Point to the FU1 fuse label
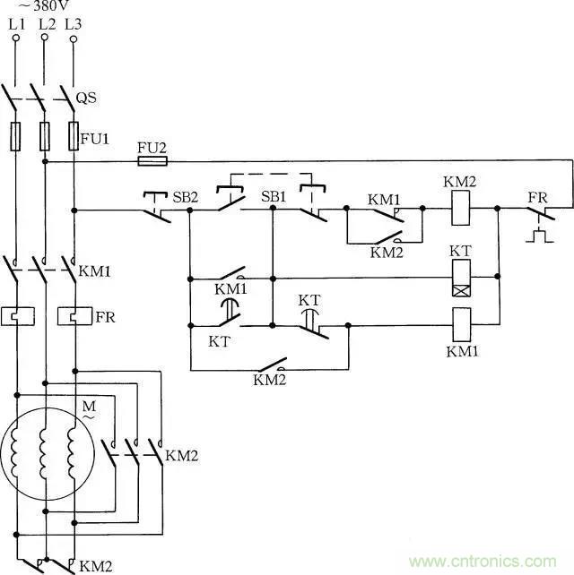[x=95, y=140]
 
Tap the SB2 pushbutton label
[x=186, y=196]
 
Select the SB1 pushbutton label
[x=273, y=196]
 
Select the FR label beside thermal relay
[x=105, y=317]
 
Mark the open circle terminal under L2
[x=44, y=39]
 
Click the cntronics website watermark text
[x=490, y=562]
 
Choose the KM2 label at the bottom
[x=95, y=566]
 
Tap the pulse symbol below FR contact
[x=540, y=238]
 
